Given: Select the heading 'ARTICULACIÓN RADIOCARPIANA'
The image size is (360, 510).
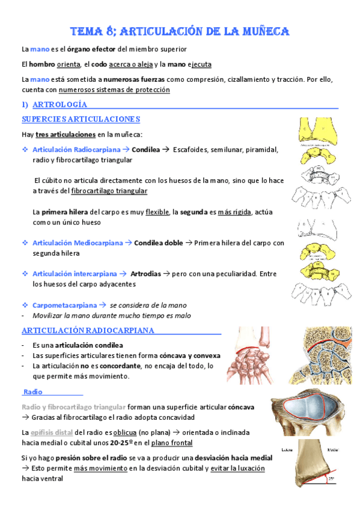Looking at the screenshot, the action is tap(88, 331).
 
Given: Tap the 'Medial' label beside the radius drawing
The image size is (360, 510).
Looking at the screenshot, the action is tap(331, 449).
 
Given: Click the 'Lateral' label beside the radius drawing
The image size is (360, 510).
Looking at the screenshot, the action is tap(287, 449).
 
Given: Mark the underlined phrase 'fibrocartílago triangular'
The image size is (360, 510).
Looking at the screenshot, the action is tap(109, 191).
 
